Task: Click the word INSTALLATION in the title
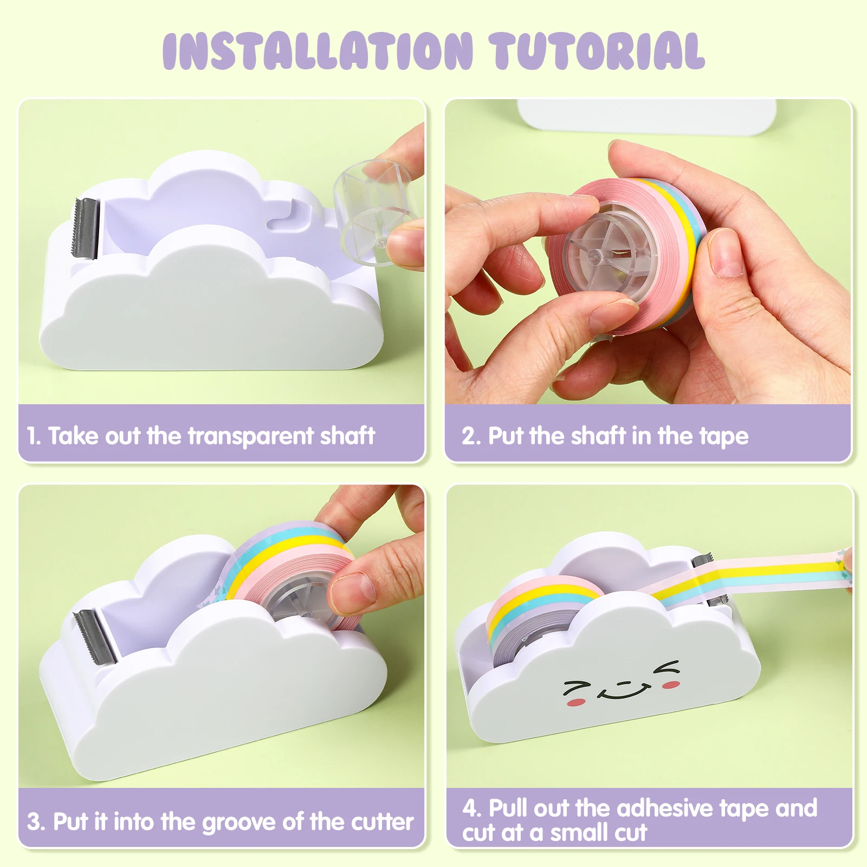318,51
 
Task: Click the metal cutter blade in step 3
95,636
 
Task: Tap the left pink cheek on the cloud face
576,703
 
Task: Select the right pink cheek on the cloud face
671,685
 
